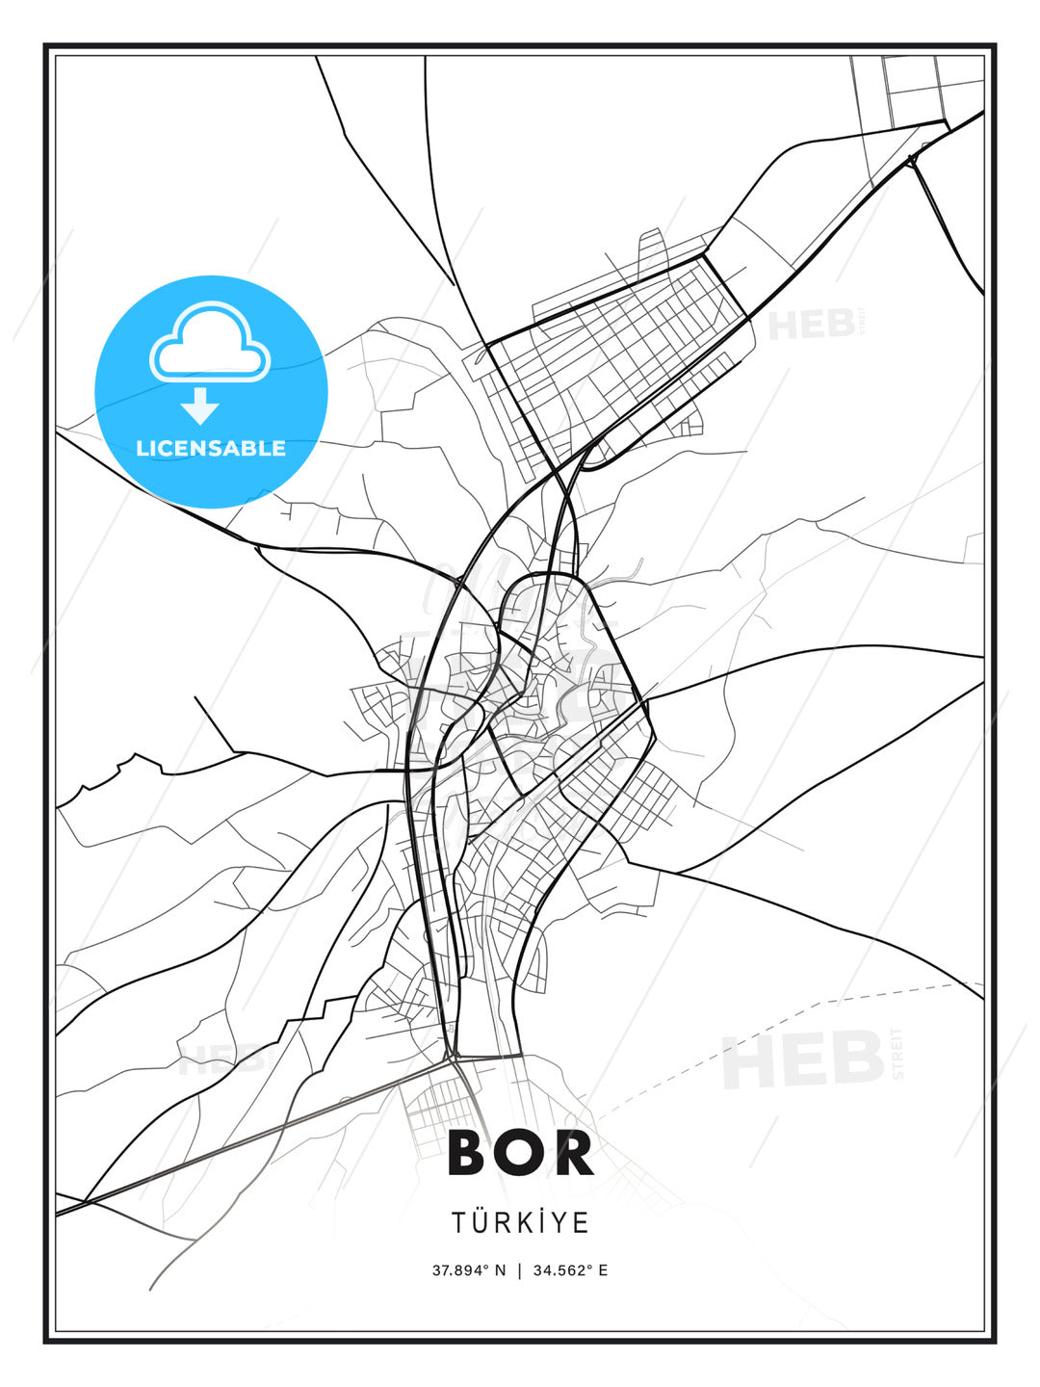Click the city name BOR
point(520,1153)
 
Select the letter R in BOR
point(574,1153)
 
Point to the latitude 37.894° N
point(468,1269)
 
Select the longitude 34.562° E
point(571,1269)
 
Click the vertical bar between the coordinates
point(520,1269)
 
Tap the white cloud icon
point(210,341)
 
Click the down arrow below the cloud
point(199,406)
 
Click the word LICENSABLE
point(211,448)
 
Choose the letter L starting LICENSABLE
point(142,448)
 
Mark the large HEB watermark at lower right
point(803,1060)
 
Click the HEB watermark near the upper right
point(813,324)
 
